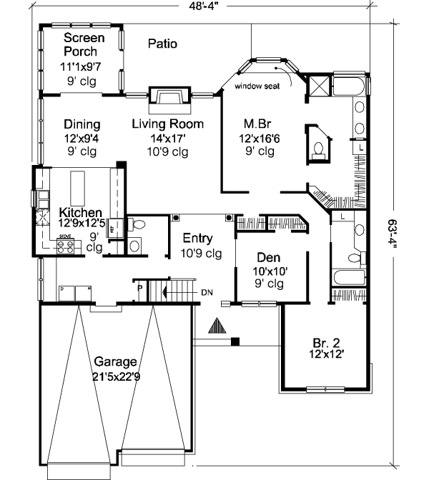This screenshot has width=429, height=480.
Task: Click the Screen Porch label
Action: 84,44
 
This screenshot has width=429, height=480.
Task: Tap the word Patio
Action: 162,44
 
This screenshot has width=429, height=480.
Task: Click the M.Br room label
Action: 257,124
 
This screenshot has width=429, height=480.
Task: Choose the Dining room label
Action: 82,124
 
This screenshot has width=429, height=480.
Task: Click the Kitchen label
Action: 79,213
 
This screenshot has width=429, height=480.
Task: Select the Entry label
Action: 197,239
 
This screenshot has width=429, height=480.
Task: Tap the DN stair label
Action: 207,292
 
